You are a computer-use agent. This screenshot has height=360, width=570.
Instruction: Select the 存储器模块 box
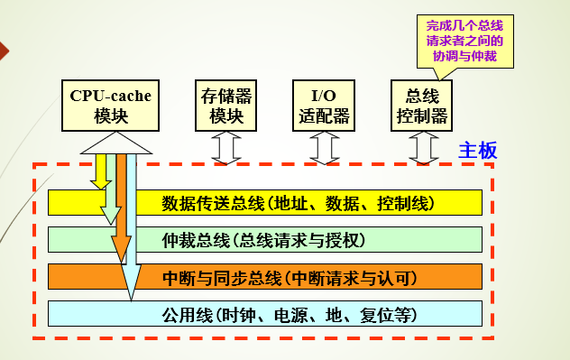click(x=225, y=104)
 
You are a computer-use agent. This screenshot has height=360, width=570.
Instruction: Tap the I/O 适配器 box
click(x=323, y=104)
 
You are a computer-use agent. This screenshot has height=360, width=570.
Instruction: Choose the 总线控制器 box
click(x=422, y=104)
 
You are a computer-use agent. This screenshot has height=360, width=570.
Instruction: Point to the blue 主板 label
click(x=478, y=150)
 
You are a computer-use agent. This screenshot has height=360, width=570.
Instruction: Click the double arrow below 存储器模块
click(x=225, y=147)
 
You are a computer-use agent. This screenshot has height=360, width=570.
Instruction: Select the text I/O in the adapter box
click(x=323, y=95)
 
